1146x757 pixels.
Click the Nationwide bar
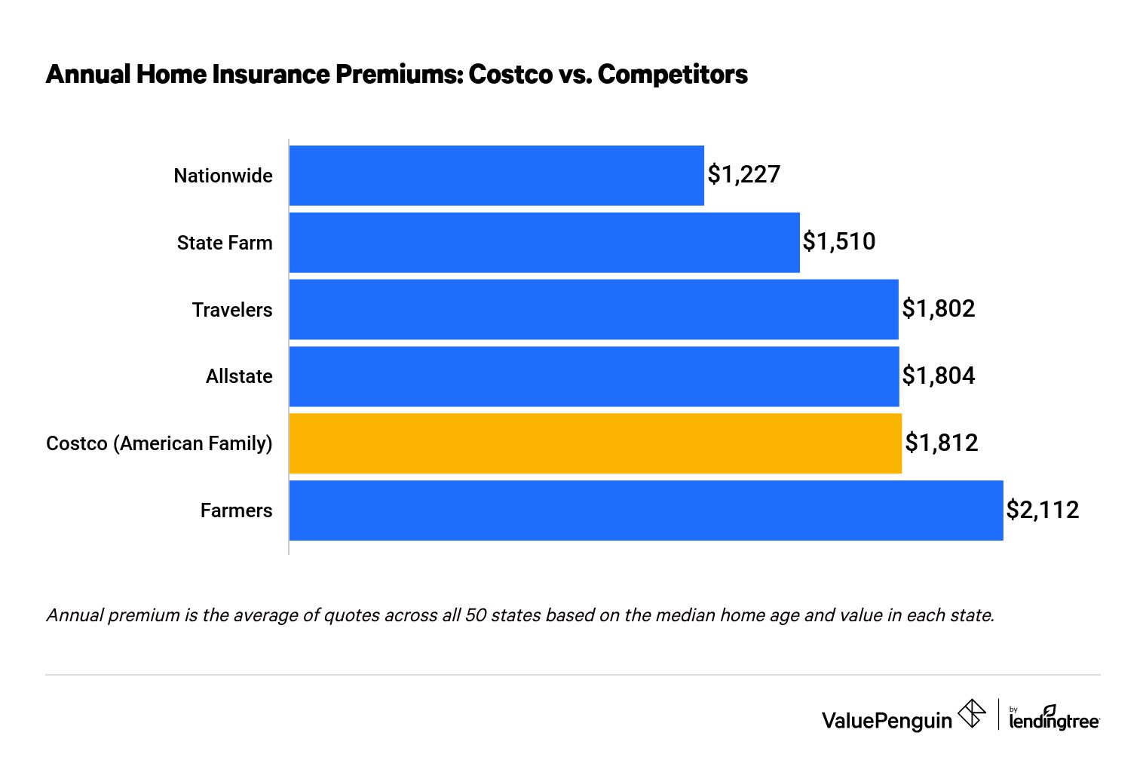(x=496, y=175)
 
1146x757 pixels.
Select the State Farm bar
(x=544, y=242)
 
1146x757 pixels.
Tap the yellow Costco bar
(x=595, y=443)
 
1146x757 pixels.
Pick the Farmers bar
(x=645, y=510)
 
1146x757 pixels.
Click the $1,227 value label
(x=743, y=175)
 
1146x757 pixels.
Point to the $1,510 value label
(x=838, y=242)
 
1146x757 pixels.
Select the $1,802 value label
(x=938, y=309)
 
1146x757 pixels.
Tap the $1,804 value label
(x=938, y=376)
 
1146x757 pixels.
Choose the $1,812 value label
(x=941, y=443)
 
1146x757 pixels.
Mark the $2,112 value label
(x=1042, y=510)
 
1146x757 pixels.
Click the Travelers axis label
(x=231, y=310)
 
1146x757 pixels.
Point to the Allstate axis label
(x=239, y=376)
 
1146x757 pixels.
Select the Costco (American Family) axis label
(x=159, y=443)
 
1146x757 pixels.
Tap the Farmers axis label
(x=236, y=510)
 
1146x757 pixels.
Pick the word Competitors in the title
(x=673, y=75)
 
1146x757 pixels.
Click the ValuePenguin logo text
(x=887, y=720)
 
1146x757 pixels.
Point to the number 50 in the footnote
(x=476, y=615)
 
